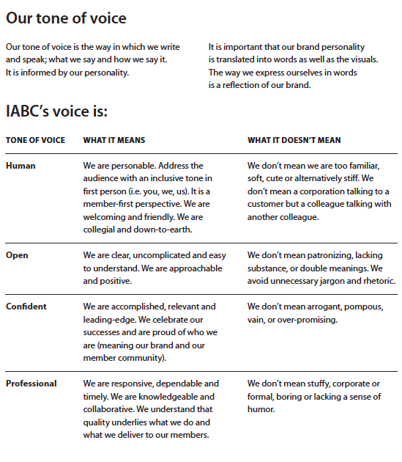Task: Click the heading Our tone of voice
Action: tap(66, 18)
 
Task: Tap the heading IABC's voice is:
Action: tap(56, 112)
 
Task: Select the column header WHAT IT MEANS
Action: tap(114, 140)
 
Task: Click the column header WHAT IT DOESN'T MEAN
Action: tap(294, 140)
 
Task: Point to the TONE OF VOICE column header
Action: tap(35, 140)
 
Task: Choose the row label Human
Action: tap(21, 166)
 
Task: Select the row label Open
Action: tap(18, 255)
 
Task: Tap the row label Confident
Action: tap(26, 307)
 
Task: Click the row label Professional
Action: tap(31, 384)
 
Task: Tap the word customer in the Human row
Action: tap(264, 205)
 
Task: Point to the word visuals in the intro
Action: tap(362, 60)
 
